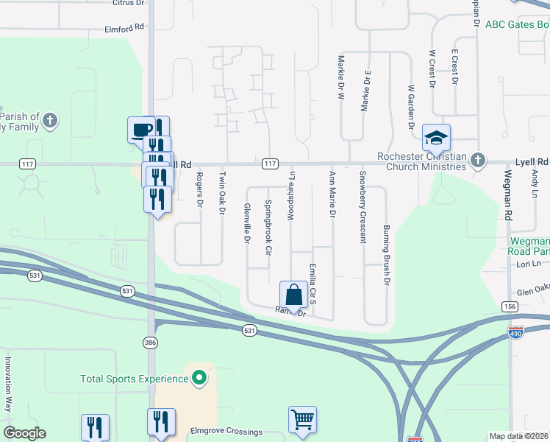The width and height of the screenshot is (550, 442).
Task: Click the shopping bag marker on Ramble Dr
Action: coord(293,295)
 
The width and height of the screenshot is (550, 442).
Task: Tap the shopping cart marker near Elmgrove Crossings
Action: coord(302,421)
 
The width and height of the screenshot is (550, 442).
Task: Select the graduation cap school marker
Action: coord(436,138)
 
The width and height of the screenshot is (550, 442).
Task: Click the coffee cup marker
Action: coord(141,130)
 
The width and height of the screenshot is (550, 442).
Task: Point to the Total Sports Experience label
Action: coord(135,379)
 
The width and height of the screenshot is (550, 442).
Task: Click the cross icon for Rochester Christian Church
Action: coord(478,159)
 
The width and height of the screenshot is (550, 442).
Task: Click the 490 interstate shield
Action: coord(517,333)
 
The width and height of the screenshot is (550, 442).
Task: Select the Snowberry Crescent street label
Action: coord(362,207)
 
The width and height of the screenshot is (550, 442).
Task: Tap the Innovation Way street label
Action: coord(10,384)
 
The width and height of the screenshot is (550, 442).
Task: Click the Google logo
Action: coord(24,433)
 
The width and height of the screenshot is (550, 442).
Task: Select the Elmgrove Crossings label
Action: coord(226,431)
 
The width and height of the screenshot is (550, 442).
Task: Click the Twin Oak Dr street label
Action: coord(221,194)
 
